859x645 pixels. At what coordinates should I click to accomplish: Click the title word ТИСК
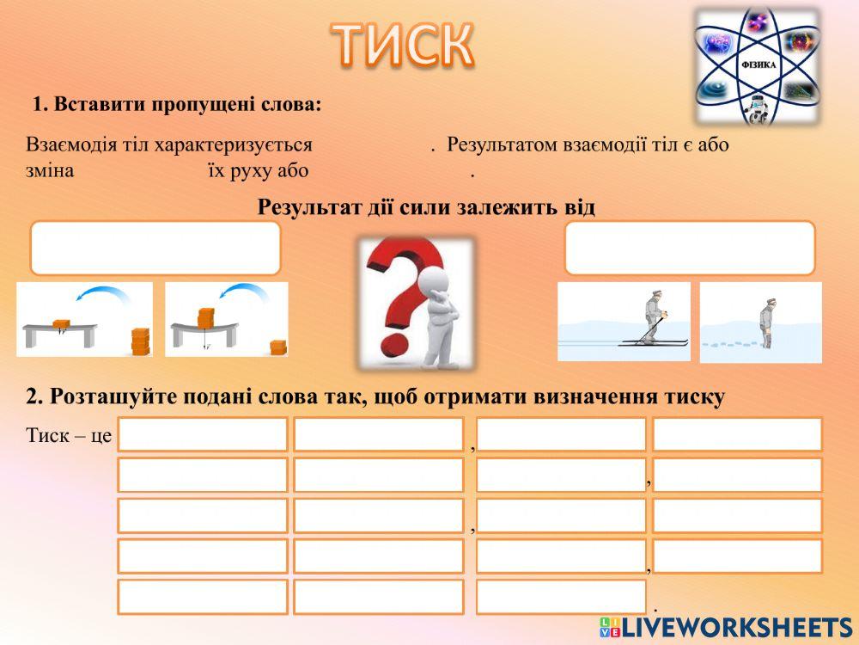tap(402, 45)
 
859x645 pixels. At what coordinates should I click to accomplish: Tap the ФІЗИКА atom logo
tap(757, 66)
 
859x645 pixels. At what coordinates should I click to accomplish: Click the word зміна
tap(50, 170)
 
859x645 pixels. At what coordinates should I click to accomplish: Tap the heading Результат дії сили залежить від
tap(426, 207)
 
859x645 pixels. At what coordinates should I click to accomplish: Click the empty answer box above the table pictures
tap(155, 248)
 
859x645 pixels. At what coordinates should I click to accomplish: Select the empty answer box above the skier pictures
tap(690, 248)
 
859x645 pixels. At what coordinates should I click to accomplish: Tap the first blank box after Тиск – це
tap(203, 434)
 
